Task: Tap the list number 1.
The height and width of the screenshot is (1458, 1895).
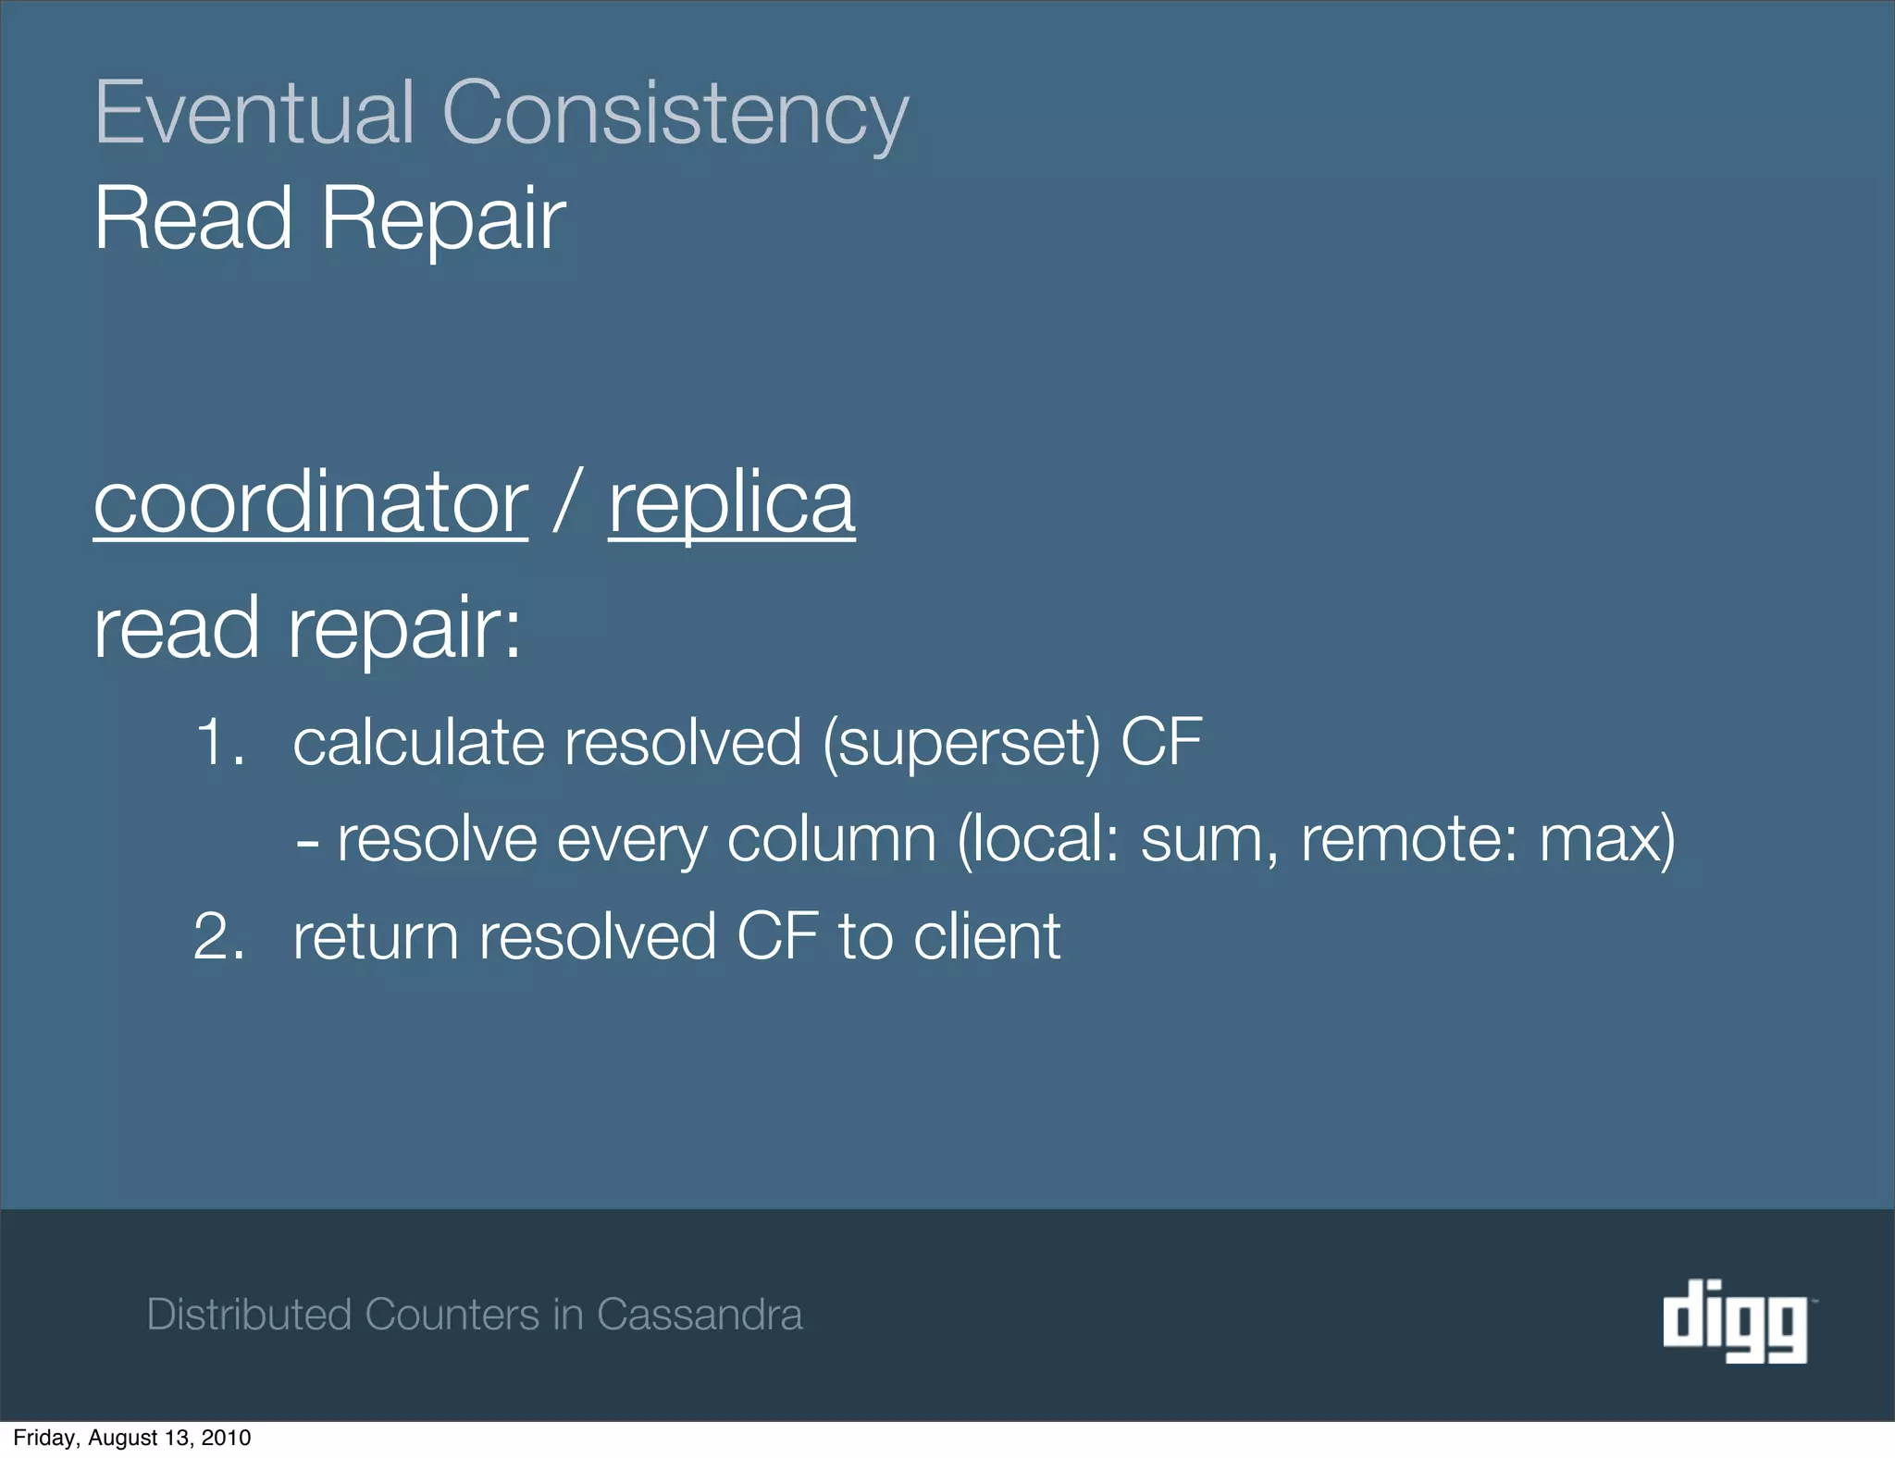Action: coord(219,742)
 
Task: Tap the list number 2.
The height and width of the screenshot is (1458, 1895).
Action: coord(219,936)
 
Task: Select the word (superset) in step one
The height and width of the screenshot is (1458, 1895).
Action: coord(962,744)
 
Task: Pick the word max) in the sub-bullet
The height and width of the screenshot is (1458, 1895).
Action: coord(1607,840)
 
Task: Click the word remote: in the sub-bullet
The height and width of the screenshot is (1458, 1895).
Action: coord(1409,840)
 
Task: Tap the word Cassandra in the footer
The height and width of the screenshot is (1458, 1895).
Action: coord(700,1315)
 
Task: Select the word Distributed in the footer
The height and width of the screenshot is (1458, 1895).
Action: coord(249,1315)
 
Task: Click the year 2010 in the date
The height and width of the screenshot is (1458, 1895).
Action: coord(228,1438)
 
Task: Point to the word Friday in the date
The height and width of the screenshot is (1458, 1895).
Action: coord(39,1438)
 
